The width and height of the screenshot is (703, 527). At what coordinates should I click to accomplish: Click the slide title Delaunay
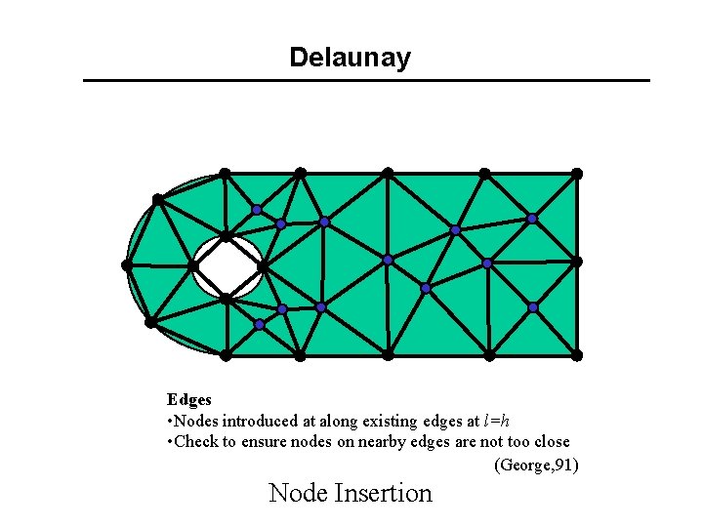click(x=350, y=58)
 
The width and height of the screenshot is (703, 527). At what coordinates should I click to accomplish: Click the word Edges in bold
click(x=188, y=399)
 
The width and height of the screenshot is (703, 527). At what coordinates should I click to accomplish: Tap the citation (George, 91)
click(x=537, y=465)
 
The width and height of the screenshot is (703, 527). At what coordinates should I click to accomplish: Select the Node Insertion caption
click(x=350, y=493)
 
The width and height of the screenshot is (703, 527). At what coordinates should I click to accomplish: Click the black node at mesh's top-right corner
click(x=577, y=174)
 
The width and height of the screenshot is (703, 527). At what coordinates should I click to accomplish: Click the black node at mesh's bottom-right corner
click(x=577, y=355)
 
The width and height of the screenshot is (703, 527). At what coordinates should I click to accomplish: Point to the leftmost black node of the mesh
click(x=127, y=264)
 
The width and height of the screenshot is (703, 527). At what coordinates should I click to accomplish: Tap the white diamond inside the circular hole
click(x=227, y=266)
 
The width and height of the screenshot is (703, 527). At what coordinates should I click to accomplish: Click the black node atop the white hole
click(x=226, y=236)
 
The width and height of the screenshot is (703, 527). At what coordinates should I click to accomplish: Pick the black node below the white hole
click(x=225, y=299)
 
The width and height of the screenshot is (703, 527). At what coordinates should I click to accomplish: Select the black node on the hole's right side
click(x=262, y=265)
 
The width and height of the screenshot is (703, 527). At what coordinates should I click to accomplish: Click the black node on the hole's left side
click(x=193, y=265)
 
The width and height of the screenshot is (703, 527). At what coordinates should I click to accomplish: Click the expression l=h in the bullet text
click(x=496, y=422)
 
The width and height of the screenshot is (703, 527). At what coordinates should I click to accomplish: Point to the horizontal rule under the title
click(x=366, y=80)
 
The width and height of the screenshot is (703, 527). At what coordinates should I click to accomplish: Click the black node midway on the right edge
click(x=577, y=262)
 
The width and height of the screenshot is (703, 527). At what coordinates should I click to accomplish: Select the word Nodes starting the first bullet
click(x=195, y=422)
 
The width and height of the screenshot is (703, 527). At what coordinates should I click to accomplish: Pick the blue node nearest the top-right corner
click(x=532, y=219)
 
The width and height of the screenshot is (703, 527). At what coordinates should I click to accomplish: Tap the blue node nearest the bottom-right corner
click(x=533, y=307)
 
